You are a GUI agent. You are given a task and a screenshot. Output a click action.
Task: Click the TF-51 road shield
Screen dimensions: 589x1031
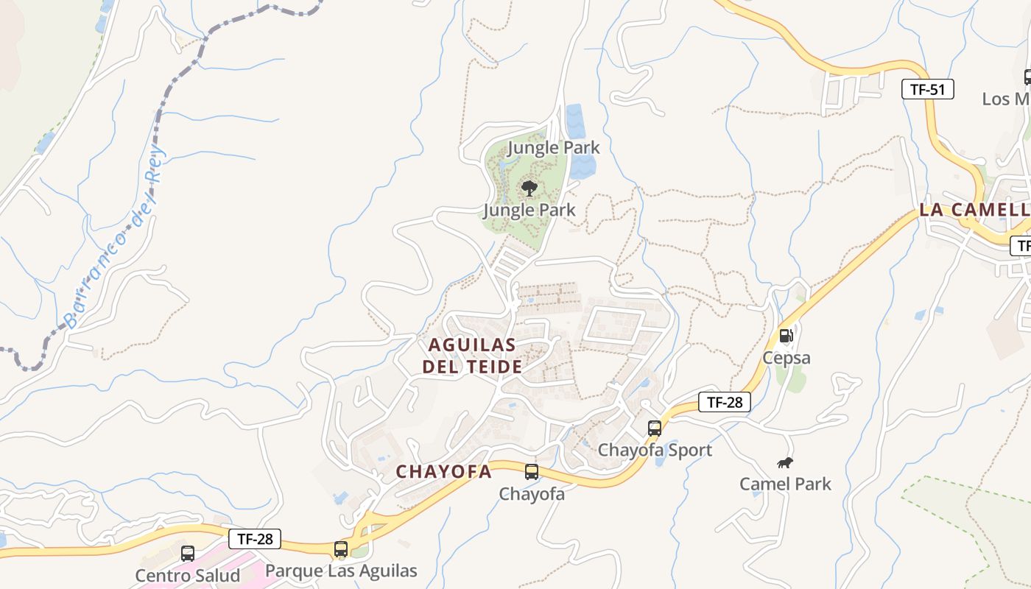(x=927, y=90)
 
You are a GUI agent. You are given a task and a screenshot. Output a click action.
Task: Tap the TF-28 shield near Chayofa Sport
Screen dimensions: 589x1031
(x=725, y=402)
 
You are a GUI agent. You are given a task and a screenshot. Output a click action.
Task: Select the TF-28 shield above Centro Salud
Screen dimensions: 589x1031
(x=255, y=539)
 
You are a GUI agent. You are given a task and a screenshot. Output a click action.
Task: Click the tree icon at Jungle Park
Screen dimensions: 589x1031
(x=529, y=188)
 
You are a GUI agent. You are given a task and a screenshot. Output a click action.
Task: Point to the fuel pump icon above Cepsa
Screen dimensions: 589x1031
(x=787, y=336)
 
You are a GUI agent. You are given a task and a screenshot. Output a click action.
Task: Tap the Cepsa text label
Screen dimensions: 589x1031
(x=787, y=358)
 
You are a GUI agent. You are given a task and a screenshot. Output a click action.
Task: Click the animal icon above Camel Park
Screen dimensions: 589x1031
(x=785, y=463)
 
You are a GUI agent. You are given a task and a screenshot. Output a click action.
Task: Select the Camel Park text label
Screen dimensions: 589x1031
(x=785, y=484)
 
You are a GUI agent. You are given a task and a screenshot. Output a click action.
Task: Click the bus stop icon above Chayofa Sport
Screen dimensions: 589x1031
(x=654, y=428)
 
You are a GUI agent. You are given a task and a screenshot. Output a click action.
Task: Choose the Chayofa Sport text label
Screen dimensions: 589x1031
(x=655, y=450)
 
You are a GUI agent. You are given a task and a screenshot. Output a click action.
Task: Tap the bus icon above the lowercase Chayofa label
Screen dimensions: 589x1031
(x=531, y=472)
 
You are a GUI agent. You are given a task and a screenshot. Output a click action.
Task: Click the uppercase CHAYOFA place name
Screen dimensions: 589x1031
(x=443, y=472)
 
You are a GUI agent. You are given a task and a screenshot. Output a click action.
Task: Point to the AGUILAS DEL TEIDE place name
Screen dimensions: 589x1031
(x=472, y=356)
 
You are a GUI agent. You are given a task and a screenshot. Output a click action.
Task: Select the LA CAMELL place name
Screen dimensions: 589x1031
(x=974, y=210)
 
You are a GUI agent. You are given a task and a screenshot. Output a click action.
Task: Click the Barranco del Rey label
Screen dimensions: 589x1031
(x=115, y=239)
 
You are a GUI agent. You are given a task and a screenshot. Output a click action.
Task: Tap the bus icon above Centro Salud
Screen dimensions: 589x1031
(x=188, y=553)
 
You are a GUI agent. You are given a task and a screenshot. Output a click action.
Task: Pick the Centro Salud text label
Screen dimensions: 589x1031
(x=188, y=575)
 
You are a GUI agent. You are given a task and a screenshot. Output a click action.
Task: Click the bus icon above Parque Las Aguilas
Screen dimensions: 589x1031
(x=340, y=549)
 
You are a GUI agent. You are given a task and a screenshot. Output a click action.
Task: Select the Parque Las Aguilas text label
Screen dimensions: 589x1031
(x=341, y=571)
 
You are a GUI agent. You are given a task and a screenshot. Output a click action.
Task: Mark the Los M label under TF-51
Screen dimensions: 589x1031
(x=1006, y=99)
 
